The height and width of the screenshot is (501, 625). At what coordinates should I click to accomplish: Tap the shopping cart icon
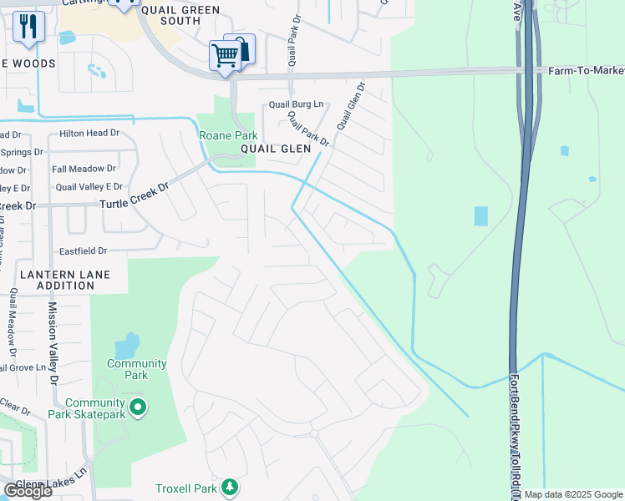pos(226,56)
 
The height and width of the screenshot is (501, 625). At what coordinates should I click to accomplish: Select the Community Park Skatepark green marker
pos(140,408)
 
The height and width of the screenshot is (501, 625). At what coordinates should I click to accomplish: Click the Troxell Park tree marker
pos(229,487)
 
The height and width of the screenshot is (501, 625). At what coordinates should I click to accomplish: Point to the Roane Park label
pos(227,135)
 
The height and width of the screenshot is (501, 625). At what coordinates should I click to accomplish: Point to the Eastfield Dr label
pos(84,250)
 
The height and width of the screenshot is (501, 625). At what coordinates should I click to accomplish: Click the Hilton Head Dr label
pos(89,133)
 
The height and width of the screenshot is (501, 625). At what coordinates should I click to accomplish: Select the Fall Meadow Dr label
pos(84,169)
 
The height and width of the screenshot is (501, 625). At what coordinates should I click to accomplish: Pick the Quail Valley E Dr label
pos(89,186)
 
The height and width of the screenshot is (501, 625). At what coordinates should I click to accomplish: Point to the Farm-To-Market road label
pos(586,71)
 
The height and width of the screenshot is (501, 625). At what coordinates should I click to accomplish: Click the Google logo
pos(28,491)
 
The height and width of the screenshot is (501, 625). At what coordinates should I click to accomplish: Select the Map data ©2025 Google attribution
pos(572,494)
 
